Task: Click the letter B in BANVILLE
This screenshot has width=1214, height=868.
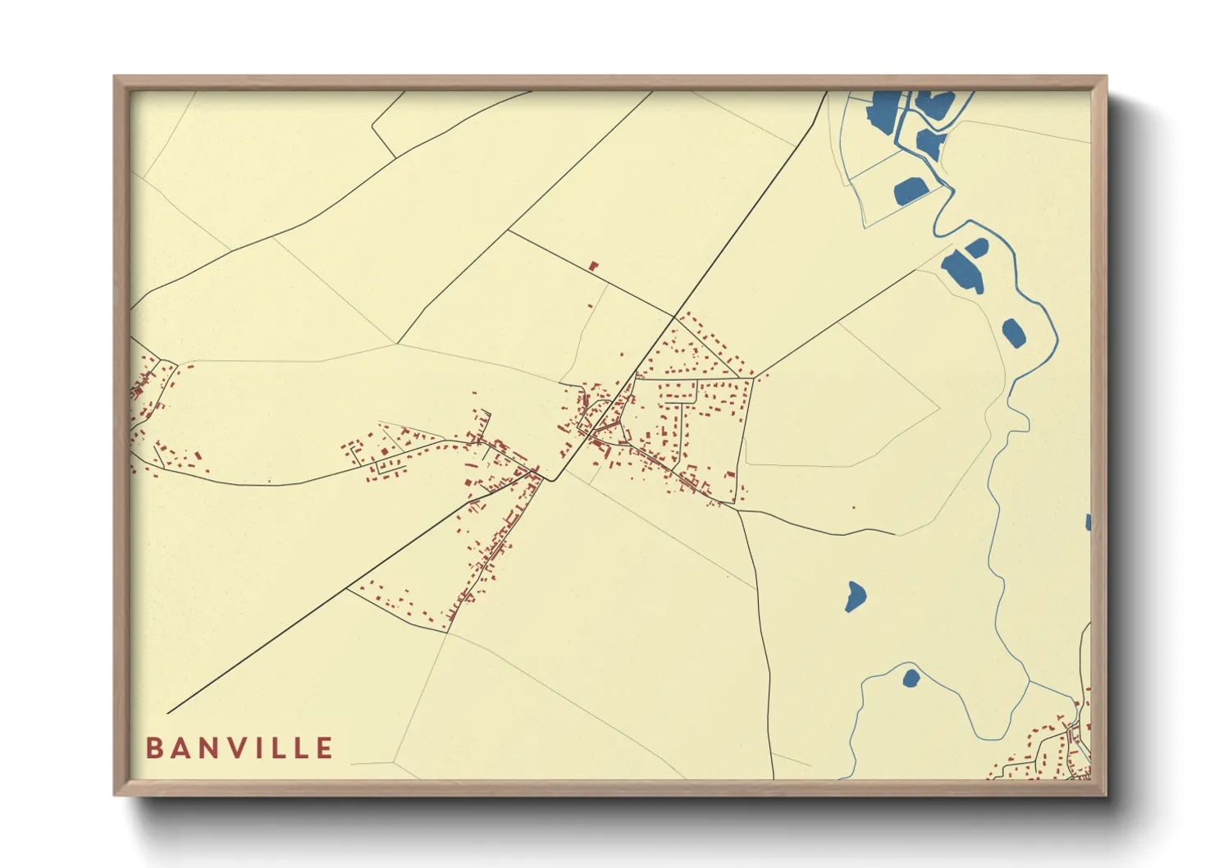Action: [x=153, y=748]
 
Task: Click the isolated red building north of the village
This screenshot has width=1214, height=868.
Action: [x=594, y=266]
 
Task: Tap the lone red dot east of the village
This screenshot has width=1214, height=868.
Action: [x=853, y=507]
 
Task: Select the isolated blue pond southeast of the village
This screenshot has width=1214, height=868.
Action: [x=855, y=596]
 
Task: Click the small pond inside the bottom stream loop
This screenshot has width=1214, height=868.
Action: [x=910, y=678]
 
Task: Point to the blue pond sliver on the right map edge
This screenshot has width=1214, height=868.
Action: [x=1088, y=523]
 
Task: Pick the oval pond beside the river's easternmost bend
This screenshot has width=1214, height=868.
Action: [x=1014, y=332]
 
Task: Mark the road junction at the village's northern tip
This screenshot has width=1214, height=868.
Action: [x=674, y=316]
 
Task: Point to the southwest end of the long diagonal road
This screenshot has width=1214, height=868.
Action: [x=167, y=713]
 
